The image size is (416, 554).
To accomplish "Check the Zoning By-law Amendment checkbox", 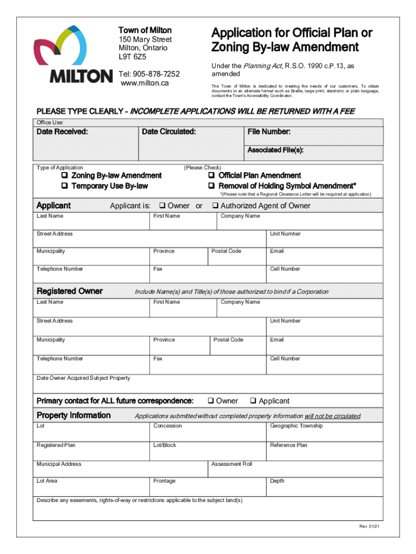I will tap(64, 176).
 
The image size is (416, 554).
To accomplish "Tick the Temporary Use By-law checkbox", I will tap(64, 186).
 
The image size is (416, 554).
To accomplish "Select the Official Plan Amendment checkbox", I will tap(212, 176).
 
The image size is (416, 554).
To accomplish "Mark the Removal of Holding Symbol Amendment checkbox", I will tap(212, 186).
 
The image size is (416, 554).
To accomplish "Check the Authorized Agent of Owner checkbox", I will tap(214, 206).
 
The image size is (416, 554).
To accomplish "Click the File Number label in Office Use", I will tap(269, 132).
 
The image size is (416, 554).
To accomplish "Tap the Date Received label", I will tap(62, 132).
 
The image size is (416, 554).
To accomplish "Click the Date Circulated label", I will tap(169, 132).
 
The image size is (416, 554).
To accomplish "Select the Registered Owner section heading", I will tap(69, 291).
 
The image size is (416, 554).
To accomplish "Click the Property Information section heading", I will tap(73, 415).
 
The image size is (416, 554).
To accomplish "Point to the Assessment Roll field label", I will tap(232, 464).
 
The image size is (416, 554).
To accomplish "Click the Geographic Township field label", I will tap(296, 426).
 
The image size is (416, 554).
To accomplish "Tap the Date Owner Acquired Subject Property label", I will tap(83, 378).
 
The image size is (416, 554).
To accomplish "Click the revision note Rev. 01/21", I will tap(367, 527).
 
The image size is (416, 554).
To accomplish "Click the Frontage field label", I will tap(164, 481).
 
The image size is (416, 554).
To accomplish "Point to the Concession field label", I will tap(167, 426).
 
